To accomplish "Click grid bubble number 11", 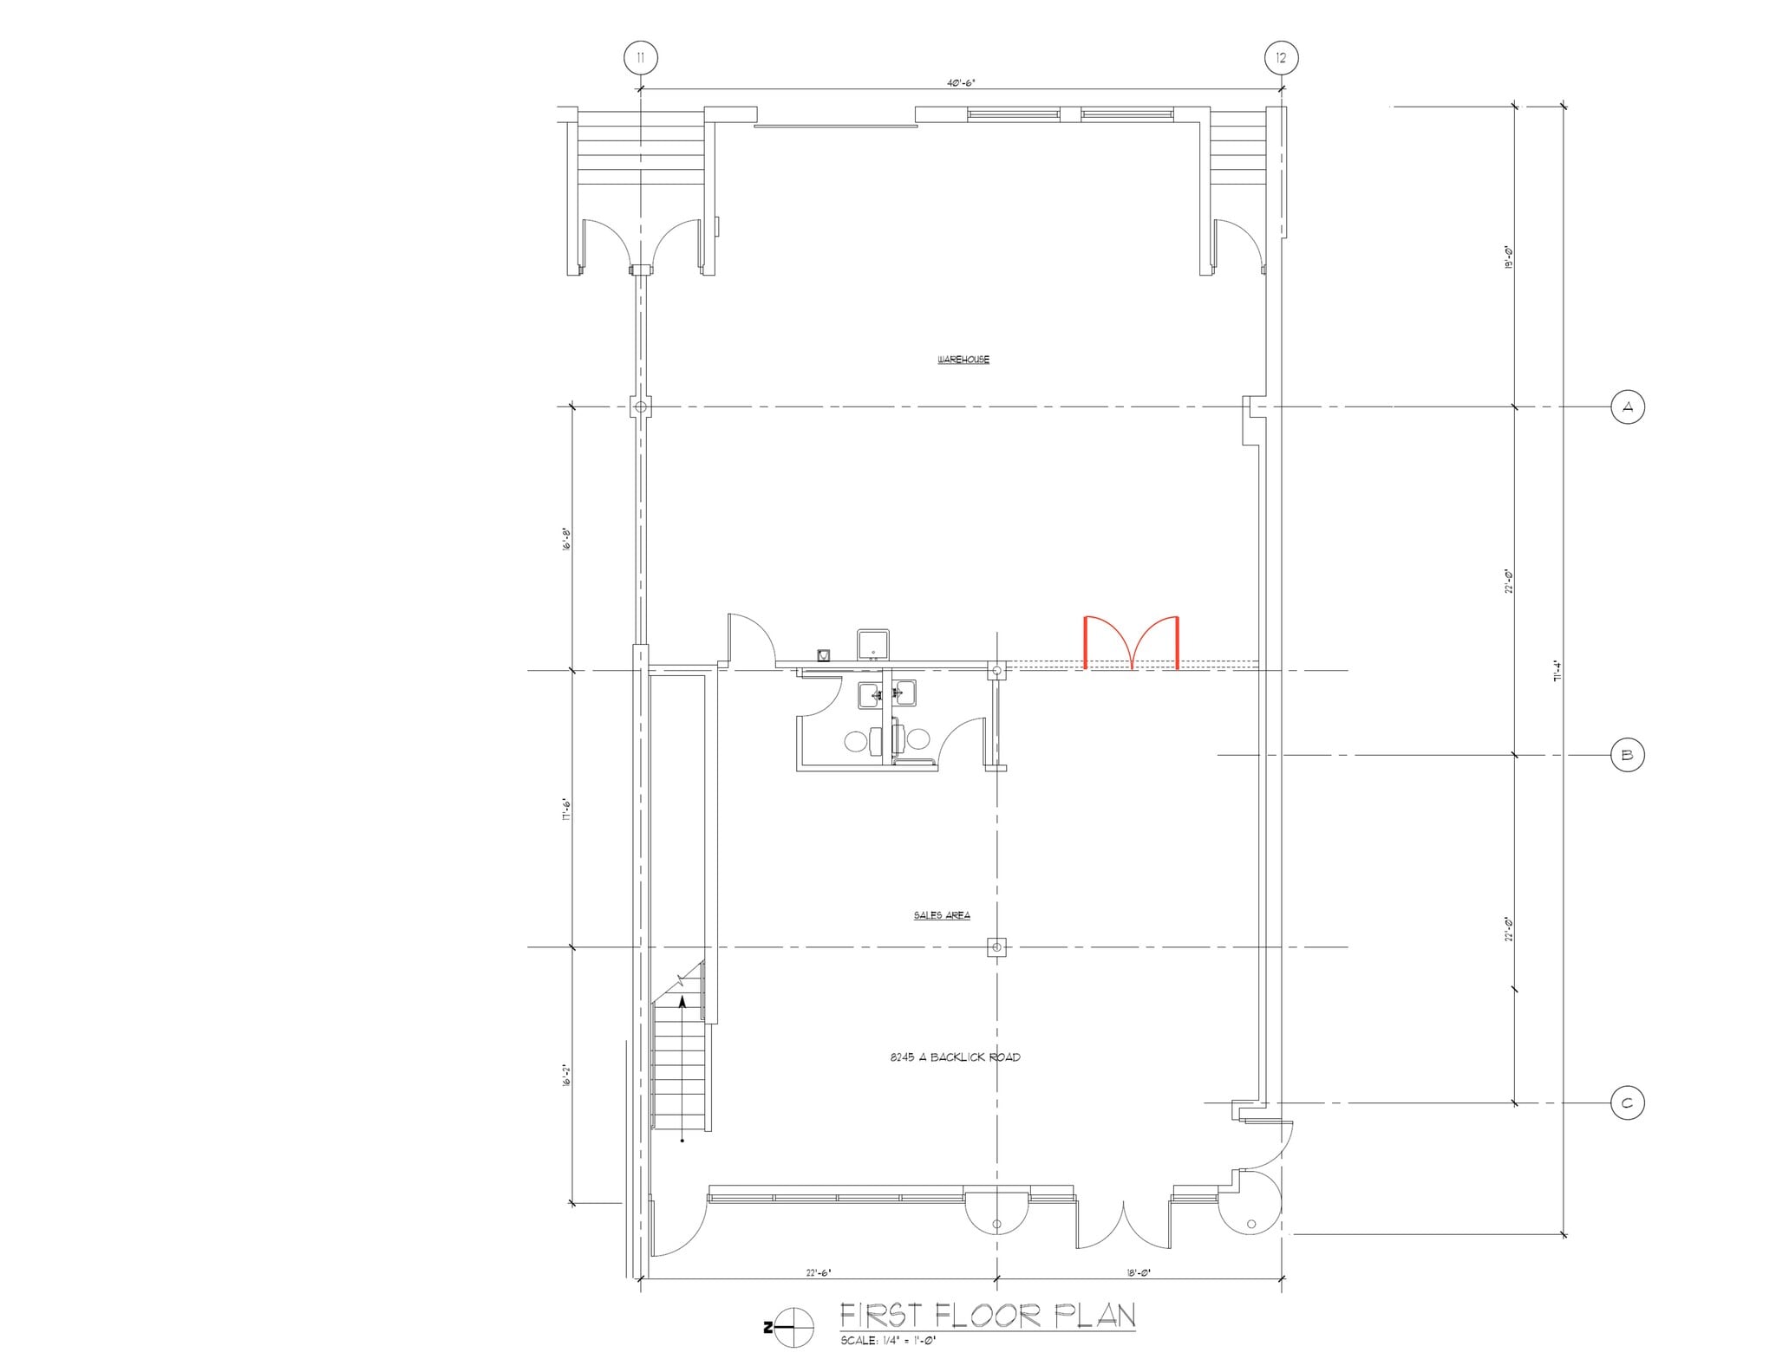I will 640,58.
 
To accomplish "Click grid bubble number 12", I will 1281,58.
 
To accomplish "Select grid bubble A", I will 1627,406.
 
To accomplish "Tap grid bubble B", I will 1627,755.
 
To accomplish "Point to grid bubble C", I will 1627,1103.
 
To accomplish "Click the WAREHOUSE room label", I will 963,360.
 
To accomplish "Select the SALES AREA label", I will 941,915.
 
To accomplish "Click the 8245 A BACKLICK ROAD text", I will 955,1057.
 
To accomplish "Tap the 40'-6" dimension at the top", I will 961,83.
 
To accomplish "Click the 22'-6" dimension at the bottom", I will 818,1273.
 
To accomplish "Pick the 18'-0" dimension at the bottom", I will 1138,1273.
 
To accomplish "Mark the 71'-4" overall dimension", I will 1557,672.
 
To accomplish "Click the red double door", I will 1131,642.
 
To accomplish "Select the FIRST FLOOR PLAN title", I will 987,1316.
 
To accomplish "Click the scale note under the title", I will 888,1341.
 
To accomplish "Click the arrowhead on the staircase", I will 682,1002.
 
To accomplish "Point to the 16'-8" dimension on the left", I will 566,541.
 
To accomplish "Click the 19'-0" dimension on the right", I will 1509,257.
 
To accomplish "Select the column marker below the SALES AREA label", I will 996,947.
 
